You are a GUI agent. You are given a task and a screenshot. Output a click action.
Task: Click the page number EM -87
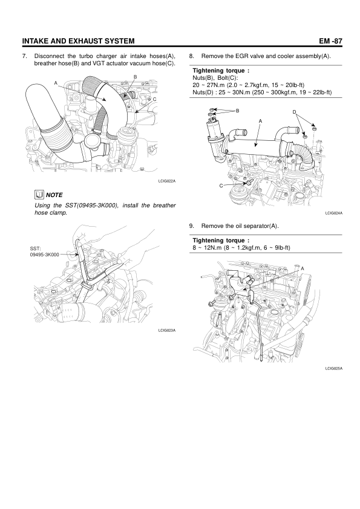pos(330,41)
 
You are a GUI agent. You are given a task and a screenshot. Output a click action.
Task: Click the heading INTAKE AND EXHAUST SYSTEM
pos(78,41)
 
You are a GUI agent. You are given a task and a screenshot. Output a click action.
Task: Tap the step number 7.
pos(24,56)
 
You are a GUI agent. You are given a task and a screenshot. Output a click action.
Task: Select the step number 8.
pos(191,56)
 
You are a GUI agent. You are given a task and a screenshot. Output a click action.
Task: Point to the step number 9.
pos(191,225)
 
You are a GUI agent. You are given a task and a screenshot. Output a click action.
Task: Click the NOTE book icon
pos(39,195)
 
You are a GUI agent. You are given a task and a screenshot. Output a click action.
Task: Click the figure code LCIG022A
pos(166,181)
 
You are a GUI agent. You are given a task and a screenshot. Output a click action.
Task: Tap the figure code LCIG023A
pos(166,330)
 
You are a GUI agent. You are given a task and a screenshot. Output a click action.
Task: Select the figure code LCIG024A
pos(334,213)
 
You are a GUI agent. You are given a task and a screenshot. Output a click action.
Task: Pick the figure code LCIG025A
pos(334,368)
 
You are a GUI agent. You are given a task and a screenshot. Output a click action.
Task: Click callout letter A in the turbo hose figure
pos(56,83)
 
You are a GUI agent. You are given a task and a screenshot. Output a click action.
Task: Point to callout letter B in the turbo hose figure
pos(136,77)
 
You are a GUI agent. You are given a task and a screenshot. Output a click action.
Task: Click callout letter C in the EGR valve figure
pos(221,186)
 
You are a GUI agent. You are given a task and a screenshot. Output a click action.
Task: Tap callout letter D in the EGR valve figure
pos(295,112)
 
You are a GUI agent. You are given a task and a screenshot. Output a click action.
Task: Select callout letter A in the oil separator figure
pos(303,268)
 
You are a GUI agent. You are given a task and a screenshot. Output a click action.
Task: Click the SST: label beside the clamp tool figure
pos(36,249)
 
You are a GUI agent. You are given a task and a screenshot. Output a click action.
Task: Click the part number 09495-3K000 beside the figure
pos(45,255)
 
